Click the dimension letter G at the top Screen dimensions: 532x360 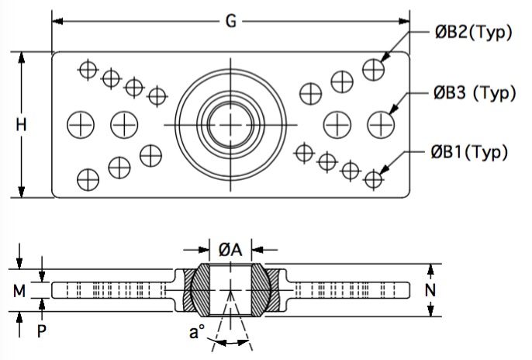(231, 22)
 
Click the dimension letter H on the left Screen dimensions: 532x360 (21, 125)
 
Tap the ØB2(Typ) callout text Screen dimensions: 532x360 (474, 33)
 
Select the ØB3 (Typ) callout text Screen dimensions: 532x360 (475, 93)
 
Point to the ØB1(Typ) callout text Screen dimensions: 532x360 (470, 152)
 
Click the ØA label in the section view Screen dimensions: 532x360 (230, 250)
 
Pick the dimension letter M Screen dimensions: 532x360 (19, 291)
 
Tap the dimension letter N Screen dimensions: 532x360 (430, 290)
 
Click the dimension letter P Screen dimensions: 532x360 (41, 331)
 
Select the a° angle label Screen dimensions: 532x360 (197, 332)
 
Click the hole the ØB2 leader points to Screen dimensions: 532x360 (374, 70)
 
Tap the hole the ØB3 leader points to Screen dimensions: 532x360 (381, 124)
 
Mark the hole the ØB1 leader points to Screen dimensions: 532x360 (373, 178)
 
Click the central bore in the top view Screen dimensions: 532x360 (230, 125)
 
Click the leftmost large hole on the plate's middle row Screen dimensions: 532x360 (81, 124)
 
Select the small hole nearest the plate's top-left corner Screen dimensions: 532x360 (88, 70)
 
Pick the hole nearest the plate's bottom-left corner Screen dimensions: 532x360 (88, 179)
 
